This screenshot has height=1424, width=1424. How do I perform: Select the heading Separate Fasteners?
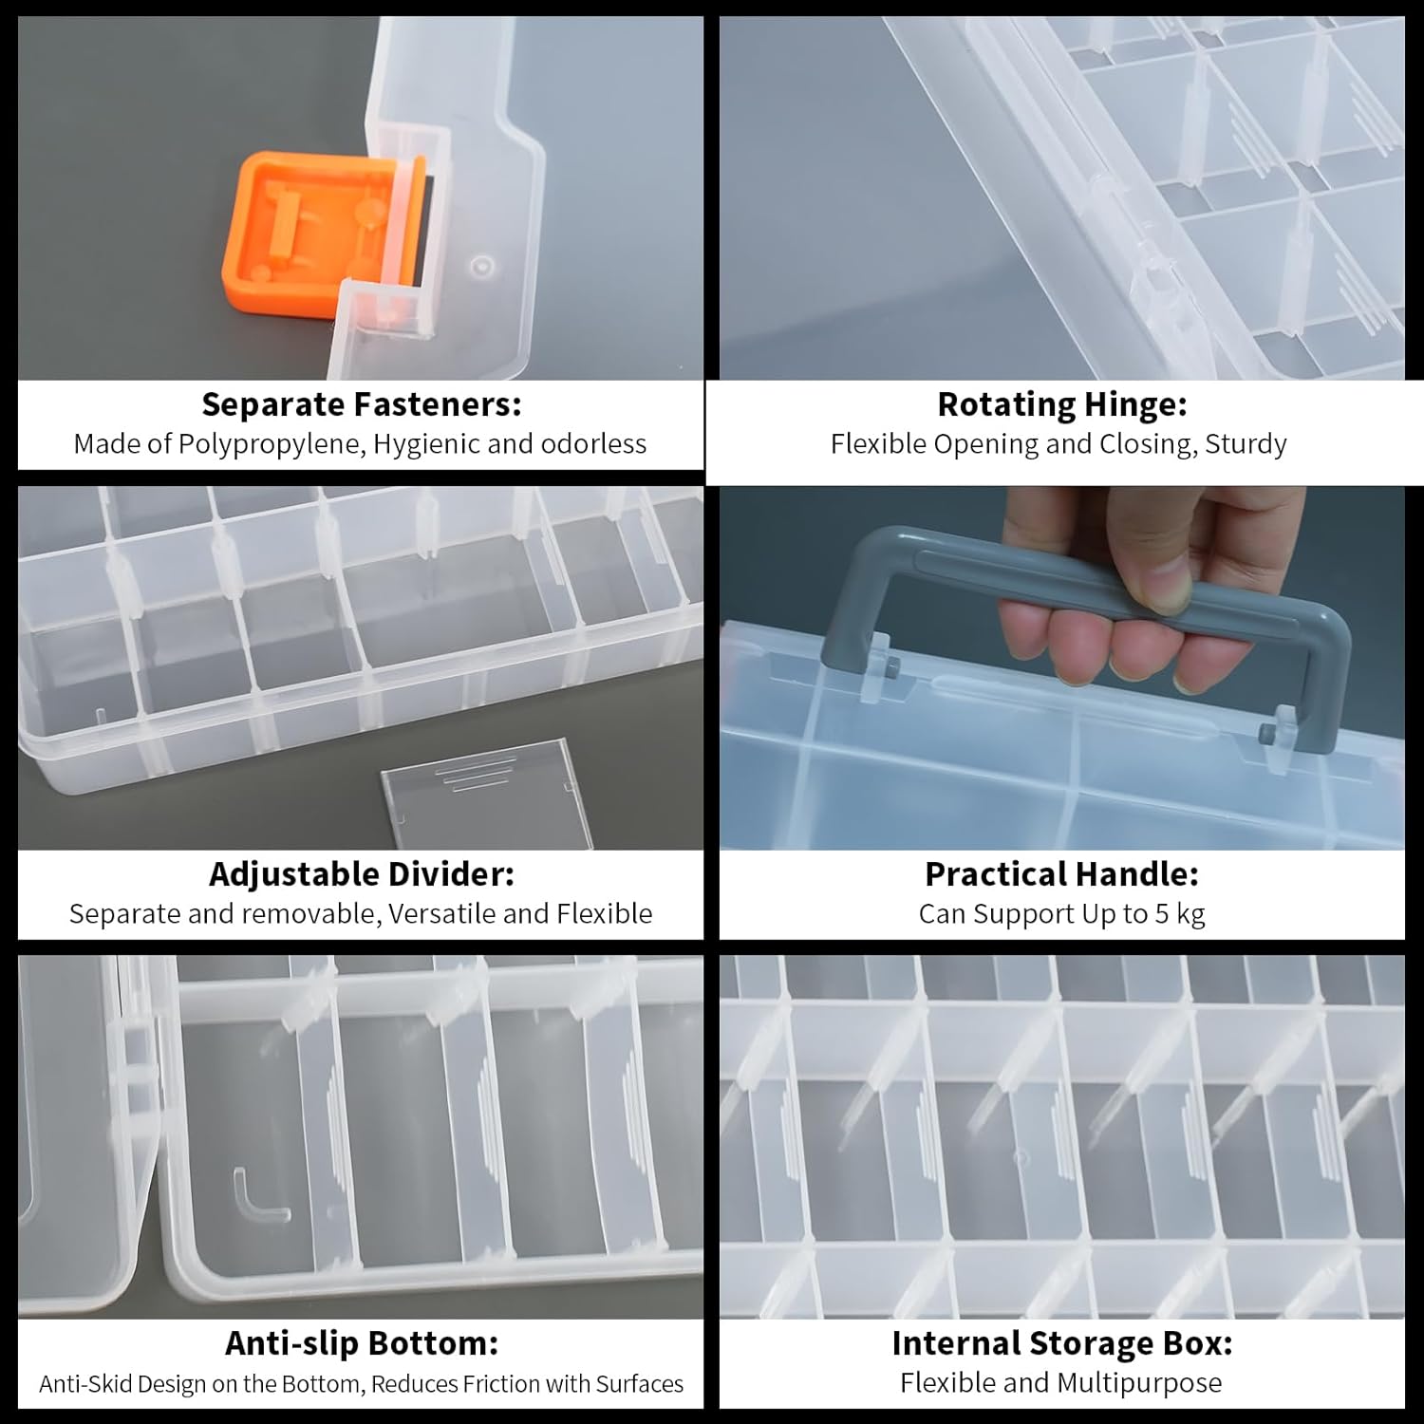[x=362, y=404]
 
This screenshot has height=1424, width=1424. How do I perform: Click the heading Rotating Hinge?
[x=1062, y=404]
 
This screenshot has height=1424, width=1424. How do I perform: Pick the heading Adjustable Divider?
[x=362, y=873]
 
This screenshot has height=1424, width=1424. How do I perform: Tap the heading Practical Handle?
[x=1062, y=873]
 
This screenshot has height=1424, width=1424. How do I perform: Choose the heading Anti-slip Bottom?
[x=362, y=1343]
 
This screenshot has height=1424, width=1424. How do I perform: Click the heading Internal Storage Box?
[x=1062, y=1343]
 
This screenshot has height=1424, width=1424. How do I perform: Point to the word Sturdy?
[x=1246, y=444]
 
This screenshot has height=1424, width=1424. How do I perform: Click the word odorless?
[x=593, y=443]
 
